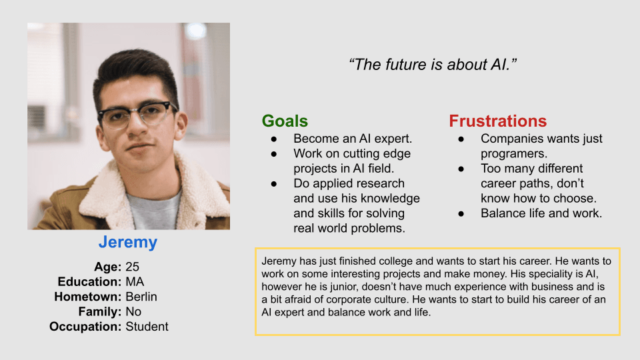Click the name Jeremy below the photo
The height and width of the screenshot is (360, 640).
click(128, 243)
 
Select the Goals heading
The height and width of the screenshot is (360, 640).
click(285, 121)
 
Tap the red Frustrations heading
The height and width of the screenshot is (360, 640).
click(497, 121)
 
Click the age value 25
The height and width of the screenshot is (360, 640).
click(132, 267)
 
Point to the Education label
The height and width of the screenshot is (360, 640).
click(89, 281)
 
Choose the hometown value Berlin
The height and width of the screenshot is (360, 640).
click(141, 297)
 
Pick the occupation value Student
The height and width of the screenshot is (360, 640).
click(147, 327)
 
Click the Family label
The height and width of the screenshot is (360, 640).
click(100, 312)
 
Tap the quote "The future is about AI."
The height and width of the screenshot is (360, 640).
click(433, 65)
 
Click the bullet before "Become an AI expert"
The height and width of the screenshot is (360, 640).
click(274, 139)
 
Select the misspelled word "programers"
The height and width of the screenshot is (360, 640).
click(513, 154)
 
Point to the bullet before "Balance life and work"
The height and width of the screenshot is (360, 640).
click(461, 213)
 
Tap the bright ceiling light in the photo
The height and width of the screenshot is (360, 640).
click(196, 30)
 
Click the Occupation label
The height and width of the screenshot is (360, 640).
click(85, 327)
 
